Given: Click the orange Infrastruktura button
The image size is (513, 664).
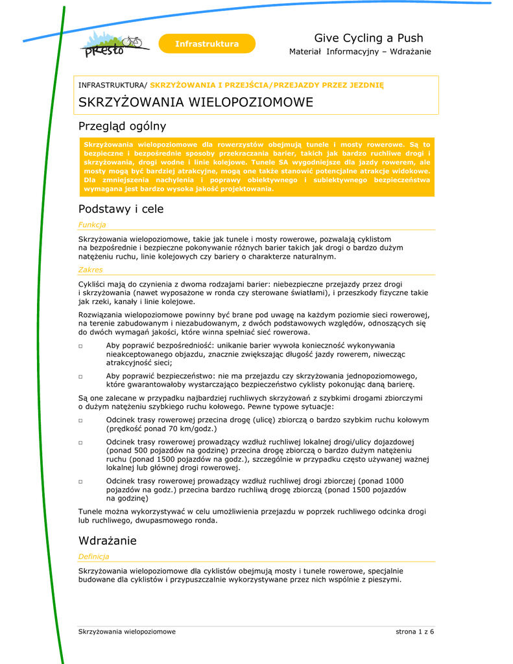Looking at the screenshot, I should click(x=207, y=43).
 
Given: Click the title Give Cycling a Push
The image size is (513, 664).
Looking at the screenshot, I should click(x=368, y=38).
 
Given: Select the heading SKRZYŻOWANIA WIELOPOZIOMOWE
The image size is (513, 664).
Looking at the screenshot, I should click(x=195, y=102).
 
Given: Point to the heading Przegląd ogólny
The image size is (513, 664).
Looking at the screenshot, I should click(x=122, y=126).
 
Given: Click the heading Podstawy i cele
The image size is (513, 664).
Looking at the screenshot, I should click(x=121, y=209).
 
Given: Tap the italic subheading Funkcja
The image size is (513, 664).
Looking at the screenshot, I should click(x=92, y=224).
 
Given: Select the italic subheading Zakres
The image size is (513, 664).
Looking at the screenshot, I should click(x=90, y=269).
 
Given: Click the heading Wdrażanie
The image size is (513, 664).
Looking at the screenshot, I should click(x=107, y=540).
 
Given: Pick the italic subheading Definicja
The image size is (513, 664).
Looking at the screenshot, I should click(x=93, y=556).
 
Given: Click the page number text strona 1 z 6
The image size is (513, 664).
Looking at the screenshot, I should click(x=414, y=631).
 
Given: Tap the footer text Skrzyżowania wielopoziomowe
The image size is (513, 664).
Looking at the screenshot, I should click(x=127, y=631).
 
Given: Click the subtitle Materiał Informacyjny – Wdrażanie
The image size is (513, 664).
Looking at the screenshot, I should click(x=360, y=52).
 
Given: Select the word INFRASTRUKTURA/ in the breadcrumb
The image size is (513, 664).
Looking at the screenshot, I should click(x=113, y=85).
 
